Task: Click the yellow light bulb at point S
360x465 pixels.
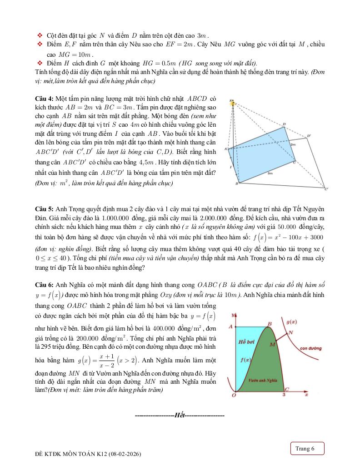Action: [x=233, y=104]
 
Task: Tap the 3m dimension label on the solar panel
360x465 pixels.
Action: [x=270, y=173]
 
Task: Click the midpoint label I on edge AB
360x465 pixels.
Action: [x=230, y=167]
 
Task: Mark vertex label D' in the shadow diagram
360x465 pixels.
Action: [x=309, y=135]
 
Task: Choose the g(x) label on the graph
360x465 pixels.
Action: [x=292, y=322]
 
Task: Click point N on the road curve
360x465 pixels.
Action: [x=290, y=332]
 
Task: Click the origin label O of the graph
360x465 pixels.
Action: [x=234, y=396]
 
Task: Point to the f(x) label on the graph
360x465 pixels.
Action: [x=245, y=360]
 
